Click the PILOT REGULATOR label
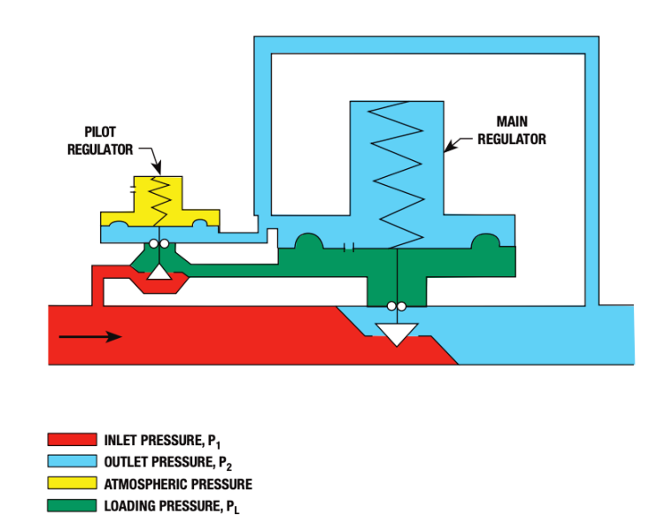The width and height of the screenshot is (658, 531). click(x=100, y=142)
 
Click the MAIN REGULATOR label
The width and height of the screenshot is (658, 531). click(x=511, y=132)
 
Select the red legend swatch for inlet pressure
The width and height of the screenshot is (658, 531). click(x=72, y=440)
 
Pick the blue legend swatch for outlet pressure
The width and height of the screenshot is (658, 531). click(x=72, y=462)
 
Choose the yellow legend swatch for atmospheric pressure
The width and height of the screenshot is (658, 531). click(x=72, y=484)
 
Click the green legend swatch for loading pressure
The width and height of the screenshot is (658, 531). click(x=72, y=506)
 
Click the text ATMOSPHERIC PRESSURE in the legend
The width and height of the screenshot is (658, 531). click(x=178, y=484)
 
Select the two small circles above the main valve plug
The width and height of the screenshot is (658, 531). click(x=396, y=306)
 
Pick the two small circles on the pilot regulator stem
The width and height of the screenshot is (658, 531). click(x=159, y=244)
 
